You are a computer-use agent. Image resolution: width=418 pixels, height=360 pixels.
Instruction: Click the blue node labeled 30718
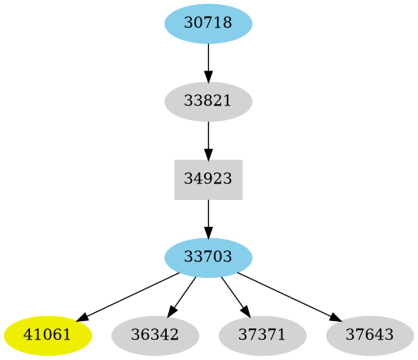208,24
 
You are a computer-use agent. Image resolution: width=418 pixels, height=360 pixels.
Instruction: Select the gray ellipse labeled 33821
208,102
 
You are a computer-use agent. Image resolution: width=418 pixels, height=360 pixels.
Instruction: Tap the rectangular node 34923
208,180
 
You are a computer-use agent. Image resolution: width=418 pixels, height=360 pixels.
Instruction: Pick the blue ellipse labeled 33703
208,258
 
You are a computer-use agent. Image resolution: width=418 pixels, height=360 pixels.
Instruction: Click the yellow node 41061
48,335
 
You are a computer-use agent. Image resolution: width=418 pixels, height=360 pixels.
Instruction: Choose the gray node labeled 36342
155,335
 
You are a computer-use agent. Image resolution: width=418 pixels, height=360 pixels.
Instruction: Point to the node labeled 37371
262,335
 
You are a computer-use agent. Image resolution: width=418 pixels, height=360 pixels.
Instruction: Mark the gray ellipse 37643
369,335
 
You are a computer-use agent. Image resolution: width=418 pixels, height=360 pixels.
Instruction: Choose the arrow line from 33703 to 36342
184,293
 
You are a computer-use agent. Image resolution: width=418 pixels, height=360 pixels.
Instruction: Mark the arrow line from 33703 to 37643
285,295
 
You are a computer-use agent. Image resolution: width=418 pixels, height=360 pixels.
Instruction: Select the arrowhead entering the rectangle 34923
208,154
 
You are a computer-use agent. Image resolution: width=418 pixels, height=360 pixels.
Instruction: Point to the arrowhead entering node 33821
208,77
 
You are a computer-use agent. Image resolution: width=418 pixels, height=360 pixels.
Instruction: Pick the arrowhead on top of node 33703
208,232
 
